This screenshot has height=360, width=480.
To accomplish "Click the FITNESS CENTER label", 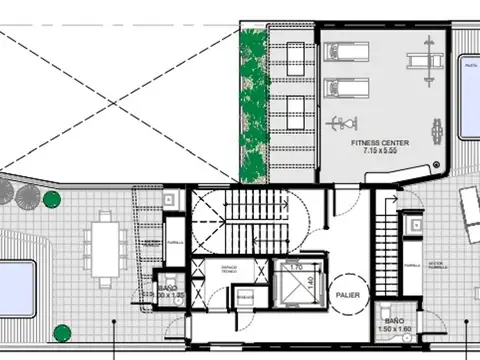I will click(x=379, y=143).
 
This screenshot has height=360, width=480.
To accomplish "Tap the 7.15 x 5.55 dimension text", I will click(x=379, y=153).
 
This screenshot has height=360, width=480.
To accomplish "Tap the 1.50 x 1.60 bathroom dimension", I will click(x=395, y=327).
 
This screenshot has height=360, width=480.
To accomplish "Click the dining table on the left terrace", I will click(x=104, y=245).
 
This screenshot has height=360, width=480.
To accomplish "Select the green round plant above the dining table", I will click(x=51, y=199).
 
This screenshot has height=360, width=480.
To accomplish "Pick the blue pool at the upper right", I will click(x=469, y=95).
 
